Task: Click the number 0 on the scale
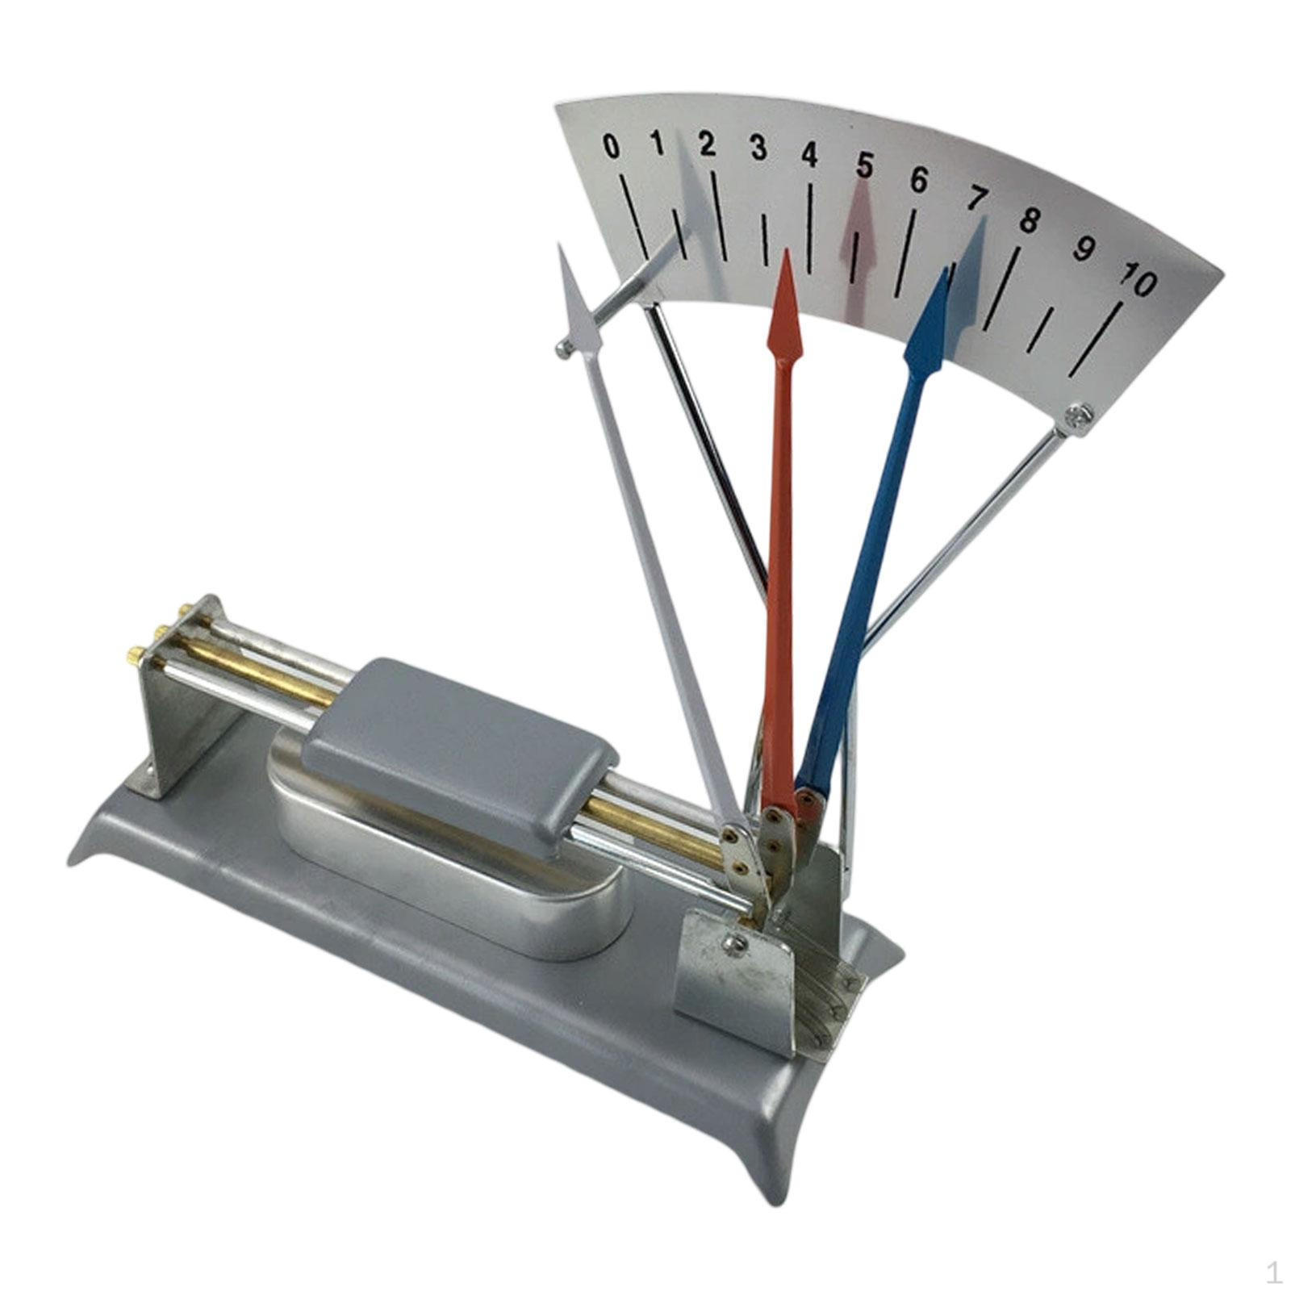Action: tap(612, 148)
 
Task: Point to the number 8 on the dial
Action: tap(1029, 219)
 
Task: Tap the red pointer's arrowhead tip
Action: tap(785, 250)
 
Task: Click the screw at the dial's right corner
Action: tap(1078, 416)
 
